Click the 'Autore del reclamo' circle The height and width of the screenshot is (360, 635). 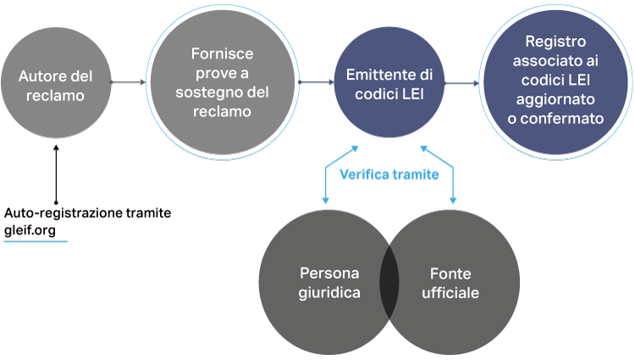tap(56, 83)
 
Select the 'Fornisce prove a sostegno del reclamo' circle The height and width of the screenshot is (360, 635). tap(223, 82)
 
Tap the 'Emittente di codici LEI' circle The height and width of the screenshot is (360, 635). tap(389, 83)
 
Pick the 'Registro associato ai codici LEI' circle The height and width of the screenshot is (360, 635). tap(555, 83)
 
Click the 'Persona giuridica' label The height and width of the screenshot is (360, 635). tap(329, 283)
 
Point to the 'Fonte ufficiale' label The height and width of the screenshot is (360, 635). tap(450, 283)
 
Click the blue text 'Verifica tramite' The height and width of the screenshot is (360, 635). tap(389, 174)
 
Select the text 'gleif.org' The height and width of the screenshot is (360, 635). tap(30, 230)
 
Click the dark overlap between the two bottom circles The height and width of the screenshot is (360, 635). tap(389, 282)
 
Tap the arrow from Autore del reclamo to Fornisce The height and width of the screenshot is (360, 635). tap(128, 82)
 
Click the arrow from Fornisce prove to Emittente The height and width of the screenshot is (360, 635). tap(317, 82)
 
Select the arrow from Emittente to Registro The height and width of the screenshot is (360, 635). tap(461, 83)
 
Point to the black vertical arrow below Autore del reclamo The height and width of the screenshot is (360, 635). tap(56, 174)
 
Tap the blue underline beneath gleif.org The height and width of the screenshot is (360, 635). tap(36, 241)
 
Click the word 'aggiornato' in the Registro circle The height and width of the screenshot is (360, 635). tap(555, 99)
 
